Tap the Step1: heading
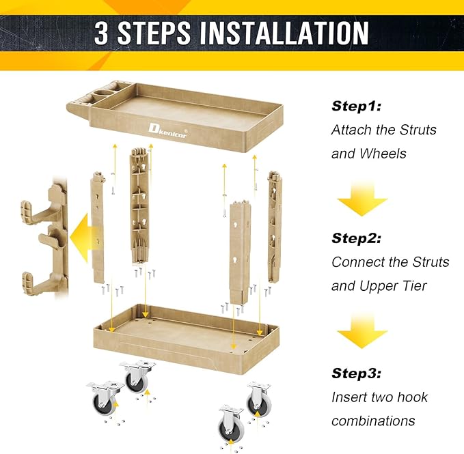click(356, 106)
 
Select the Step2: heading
click(356, 238)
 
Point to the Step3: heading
click(356, 373)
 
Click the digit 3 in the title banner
click(102, 33)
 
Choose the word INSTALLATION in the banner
click(284, 33)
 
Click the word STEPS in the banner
click(154, 33)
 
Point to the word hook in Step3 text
click(412, 397)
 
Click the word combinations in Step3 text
click(373, 421)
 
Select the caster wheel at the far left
click(105, 398)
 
